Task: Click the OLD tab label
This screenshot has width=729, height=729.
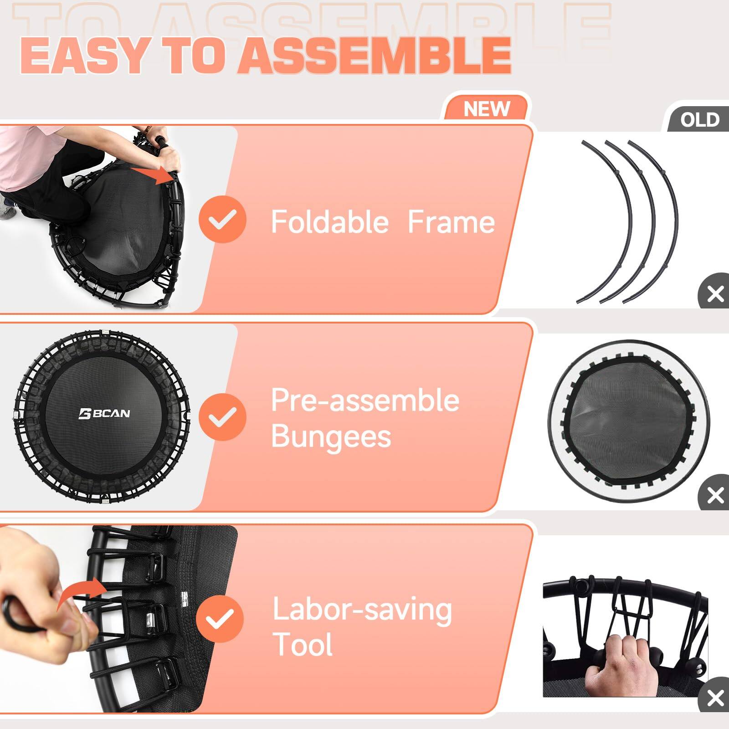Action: [699, 120]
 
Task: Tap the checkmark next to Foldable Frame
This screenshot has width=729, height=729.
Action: [222, 219]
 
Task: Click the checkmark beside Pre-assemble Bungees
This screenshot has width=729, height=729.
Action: [222, 416]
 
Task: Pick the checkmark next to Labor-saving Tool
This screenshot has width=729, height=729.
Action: [220, 618]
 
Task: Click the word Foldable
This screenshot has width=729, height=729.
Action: [329, 222]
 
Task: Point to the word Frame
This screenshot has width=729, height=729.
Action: [451, 222]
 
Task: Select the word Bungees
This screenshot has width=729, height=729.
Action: [331, 436]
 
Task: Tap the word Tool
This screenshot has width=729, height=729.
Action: [303, 644]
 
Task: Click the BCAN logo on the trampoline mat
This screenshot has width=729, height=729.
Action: [104, 414]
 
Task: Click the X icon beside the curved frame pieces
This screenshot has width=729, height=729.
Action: [715, 294]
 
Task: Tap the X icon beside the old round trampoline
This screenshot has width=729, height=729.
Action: [715, 495]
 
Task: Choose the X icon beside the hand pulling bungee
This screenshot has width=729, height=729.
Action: [715, 698]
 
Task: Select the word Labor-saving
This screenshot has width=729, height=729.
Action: [362, 610]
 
